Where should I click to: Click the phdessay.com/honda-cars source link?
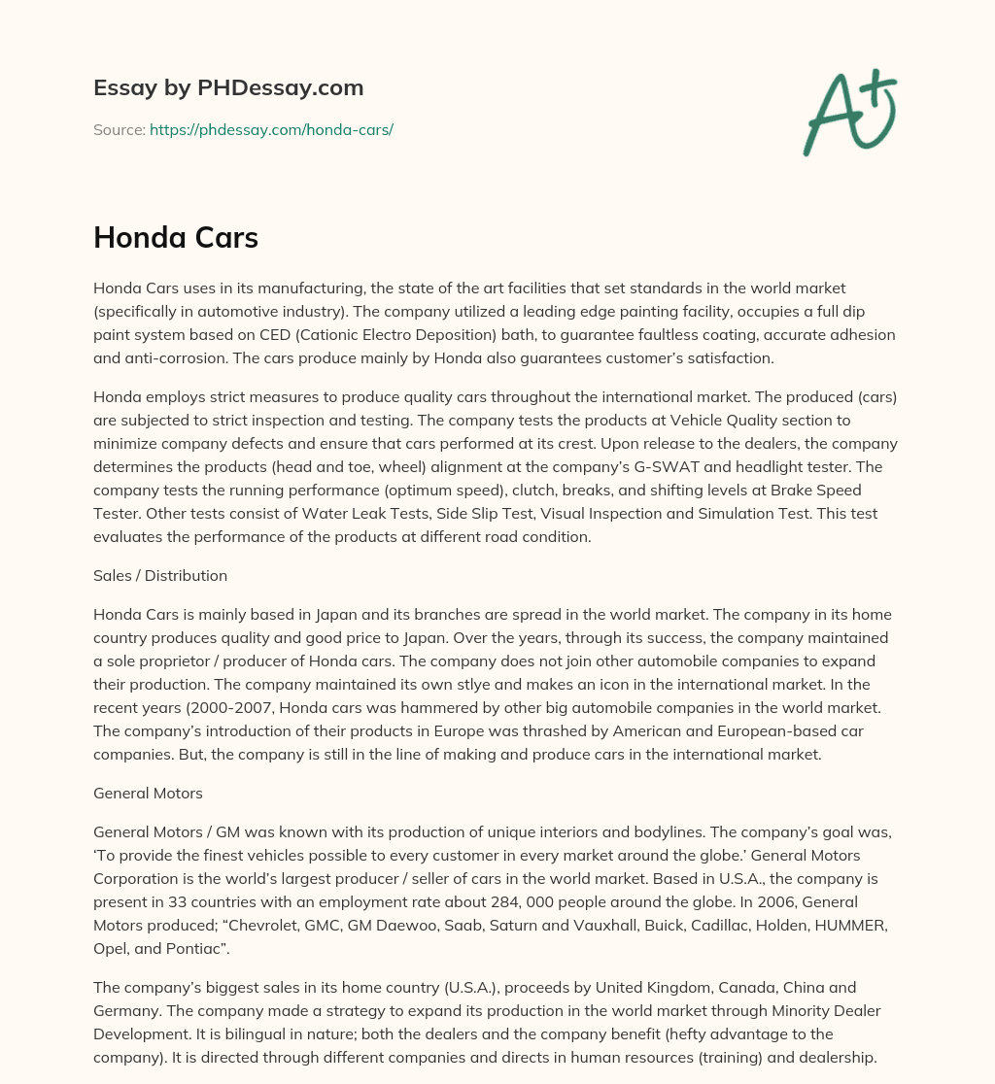pos(271,129)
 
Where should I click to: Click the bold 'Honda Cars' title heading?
pos(176,238)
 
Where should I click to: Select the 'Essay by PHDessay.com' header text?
pos(228,88)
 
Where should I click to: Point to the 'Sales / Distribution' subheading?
pos(160,575)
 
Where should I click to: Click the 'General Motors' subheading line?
pos(148,793)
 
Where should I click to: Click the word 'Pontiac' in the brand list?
pos(202,948)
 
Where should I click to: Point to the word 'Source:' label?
pos(119,129)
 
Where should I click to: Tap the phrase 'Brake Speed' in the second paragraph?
pos(817,490)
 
